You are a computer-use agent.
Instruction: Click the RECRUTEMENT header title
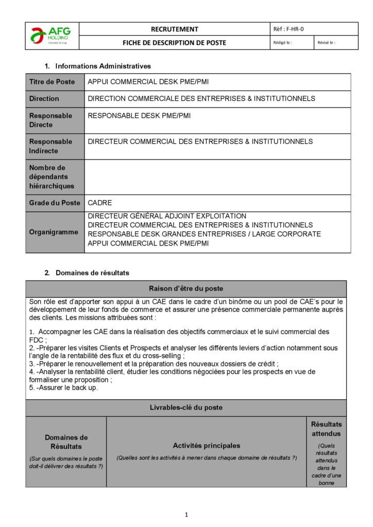click(x=174, y=29)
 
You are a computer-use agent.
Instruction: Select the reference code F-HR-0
click(x=292, y=29)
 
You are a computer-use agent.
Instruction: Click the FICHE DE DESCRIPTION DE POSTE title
click(x=174, y=43)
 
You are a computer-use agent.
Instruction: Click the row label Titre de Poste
click(x=52, y=82)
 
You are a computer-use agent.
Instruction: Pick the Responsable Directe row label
click(x=50, y=120)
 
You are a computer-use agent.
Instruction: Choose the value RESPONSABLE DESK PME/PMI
click(x=139, y=116)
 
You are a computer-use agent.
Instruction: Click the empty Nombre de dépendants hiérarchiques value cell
click(x=217, y=177)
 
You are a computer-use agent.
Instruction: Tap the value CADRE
click(x=100, y=203)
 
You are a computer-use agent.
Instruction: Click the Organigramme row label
click(x=54, y=232)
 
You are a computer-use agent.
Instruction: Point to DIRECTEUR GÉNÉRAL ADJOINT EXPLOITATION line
click(x=167, y=216)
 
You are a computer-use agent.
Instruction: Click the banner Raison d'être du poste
click(x=186, y=288)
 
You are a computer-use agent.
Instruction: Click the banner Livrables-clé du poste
click(x=186, y=407)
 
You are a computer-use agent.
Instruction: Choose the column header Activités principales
click(x=206, y=445)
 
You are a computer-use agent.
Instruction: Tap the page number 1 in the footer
click(x=186, y=514)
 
